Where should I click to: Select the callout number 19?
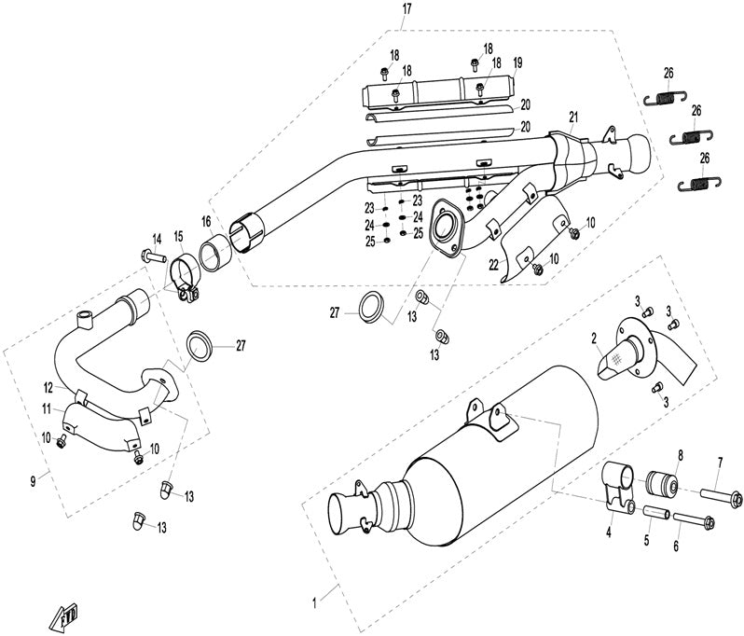pos(517,62)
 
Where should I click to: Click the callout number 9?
pos(33,481)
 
